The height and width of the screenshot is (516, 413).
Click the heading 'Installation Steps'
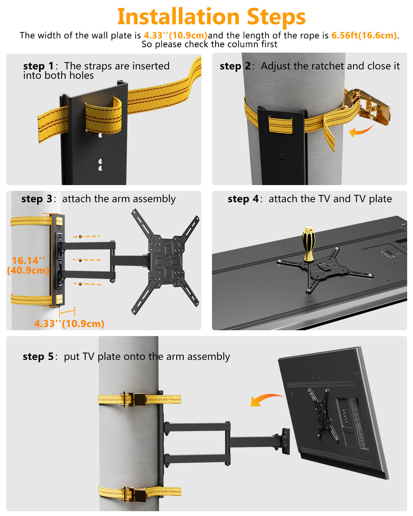211,17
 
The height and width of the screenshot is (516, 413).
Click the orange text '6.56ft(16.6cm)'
364,35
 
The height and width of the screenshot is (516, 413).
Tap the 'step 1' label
38,66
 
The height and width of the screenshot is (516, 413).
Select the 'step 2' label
235,66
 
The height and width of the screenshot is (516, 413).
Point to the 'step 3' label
36,199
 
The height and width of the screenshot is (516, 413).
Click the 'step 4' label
243,199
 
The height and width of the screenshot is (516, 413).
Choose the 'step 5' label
38,356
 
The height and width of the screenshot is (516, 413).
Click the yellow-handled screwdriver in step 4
308,244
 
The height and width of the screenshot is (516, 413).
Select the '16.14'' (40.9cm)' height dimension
28,265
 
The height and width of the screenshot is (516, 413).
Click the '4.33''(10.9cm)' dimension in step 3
69,323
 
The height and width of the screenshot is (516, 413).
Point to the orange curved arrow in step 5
267,399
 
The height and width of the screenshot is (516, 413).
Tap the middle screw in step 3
80,260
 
